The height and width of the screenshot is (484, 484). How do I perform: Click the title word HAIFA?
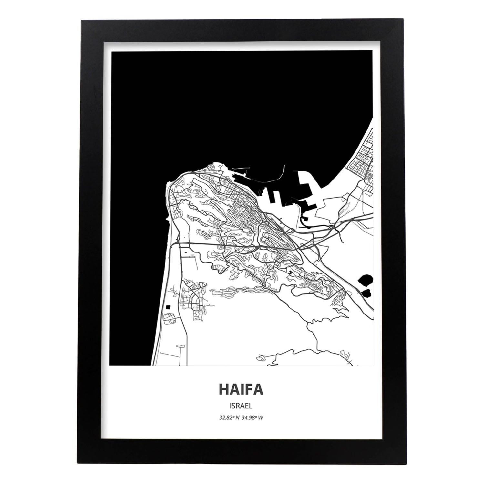tap(241, 389)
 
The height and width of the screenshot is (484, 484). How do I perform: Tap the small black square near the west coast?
tap(168, 307)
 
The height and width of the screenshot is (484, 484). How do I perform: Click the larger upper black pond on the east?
tap(366, 280)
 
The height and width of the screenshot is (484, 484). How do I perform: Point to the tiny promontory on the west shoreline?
tap(167, 219)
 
